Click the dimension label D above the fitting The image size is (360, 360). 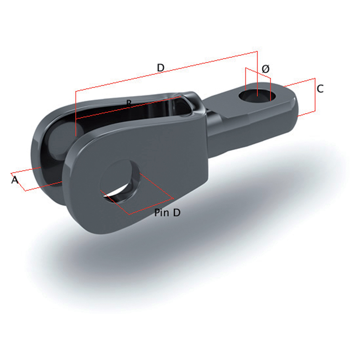point(161,68)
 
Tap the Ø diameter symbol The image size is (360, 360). point(265,69)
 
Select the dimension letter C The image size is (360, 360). point(320,88)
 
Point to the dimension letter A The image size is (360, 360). point(15,180)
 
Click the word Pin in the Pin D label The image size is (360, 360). point(161,213)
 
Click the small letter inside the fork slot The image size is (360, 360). point(129,103)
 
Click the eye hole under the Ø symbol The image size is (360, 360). point(257,96)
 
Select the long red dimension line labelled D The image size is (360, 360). point(166,71)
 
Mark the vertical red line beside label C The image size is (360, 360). point(315,95)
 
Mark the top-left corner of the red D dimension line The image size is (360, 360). point(76,91)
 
